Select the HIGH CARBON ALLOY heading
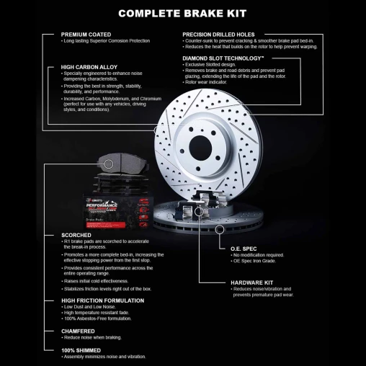pyautogui.click(x=90, y=66)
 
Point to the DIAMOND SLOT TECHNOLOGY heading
pyautogui.click(x=223, y=58)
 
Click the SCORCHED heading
pyautogui.click(x=76, y=235)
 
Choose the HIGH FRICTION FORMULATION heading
pyautogui.click(x=102, y=300)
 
